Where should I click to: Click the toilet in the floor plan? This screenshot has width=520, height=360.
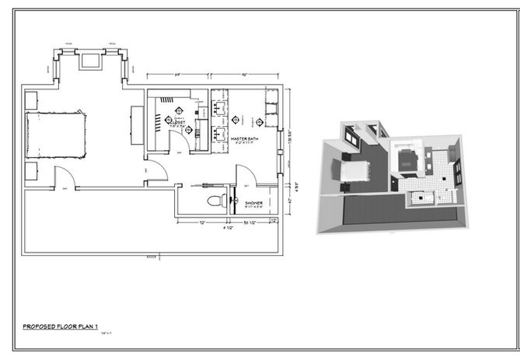213,201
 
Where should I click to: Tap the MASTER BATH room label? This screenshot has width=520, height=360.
245,138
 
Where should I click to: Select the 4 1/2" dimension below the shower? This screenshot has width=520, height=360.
228,227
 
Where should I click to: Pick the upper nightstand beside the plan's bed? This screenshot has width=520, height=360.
33,100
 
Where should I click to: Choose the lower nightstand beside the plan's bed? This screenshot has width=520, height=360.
33,170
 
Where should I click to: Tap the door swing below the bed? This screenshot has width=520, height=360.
61,177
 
